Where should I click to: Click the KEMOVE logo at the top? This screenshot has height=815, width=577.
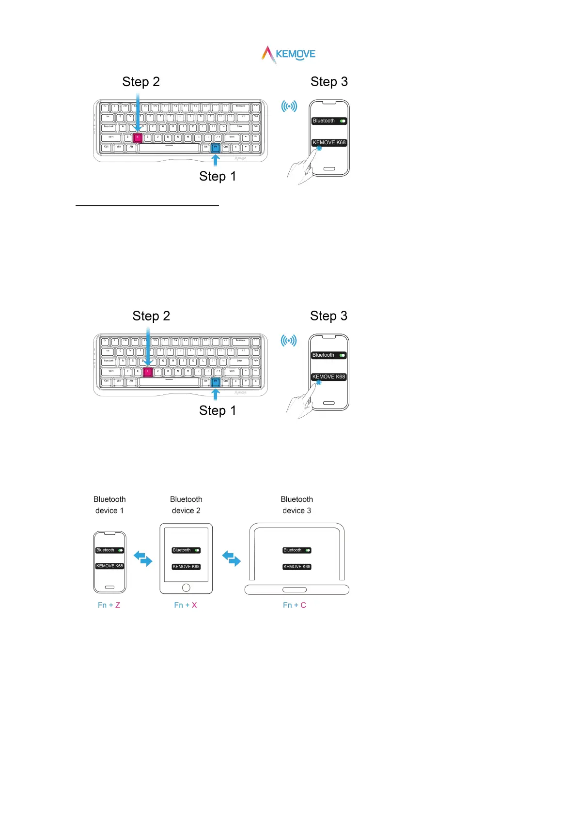[289, 54]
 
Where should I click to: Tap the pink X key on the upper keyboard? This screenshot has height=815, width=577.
[138, 137]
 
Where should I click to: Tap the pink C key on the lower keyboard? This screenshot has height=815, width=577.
[148, 372]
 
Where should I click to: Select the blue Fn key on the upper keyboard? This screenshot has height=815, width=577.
[216, 148]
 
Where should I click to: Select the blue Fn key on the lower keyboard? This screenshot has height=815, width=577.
[216, 382]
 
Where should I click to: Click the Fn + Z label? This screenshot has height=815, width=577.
[109, 605]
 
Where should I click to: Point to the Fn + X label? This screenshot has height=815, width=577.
[186, 605]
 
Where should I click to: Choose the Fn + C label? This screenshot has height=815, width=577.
[295, 605]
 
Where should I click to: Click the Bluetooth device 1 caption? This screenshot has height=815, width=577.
[109, 505]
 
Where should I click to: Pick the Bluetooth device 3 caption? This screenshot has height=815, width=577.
[297, 505]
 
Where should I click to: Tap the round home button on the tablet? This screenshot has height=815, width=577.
[186, 588]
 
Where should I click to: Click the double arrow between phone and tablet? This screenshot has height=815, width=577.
[143, 558]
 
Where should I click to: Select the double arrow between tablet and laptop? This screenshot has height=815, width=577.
[232, 558]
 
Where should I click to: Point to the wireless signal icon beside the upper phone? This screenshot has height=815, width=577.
[289, 106]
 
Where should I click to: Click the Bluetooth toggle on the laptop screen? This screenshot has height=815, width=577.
[308, 550]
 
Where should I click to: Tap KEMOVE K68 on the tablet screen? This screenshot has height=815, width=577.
[186, 567]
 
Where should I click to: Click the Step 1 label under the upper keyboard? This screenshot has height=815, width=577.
[218, 177]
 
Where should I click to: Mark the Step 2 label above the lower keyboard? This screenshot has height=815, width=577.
[151, 316]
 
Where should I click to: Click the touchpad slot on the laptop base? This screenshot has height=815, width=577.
[295, 589]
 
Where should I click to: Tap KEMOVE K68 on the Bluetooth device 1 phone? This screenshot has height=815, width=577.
[109, 566]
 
